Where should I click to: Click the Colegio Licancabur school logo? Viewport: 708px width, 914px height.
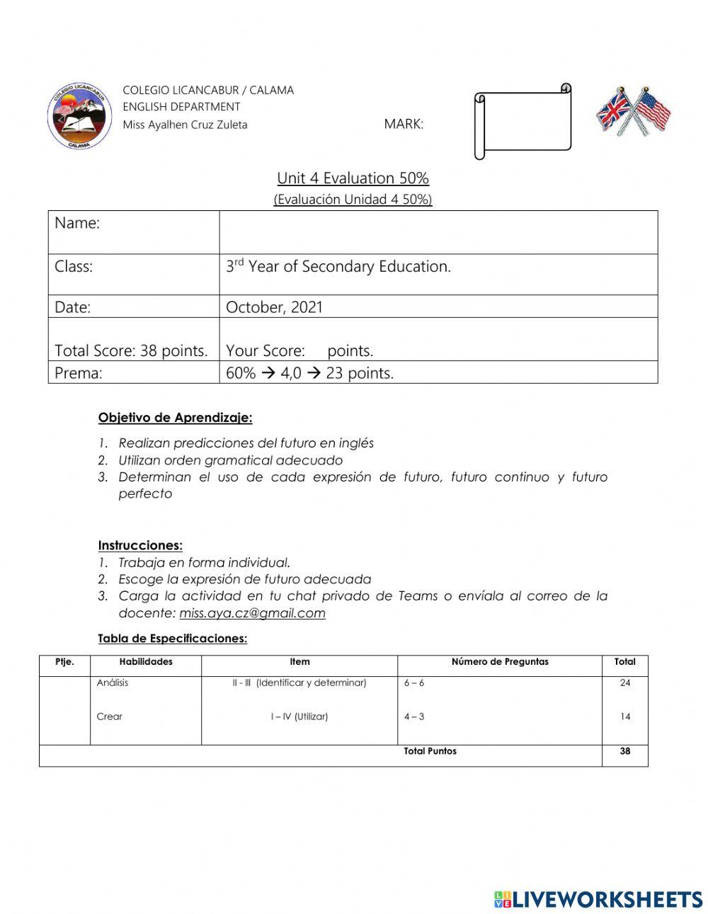(x=79, y=116)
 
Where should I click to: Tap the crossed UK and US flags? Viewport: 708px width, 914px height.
(x=633, y=111)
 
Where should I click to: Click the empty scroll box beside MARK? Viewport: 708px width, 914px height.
(x=525, y=121)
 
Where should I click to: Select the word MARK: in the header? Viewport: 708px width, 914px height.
(x=404, y=125)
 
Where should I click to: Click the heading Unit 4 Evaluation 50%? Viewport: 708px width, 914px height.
(x=353, y=178)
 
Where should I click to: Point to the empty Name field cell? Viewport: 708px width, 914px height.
(x=438, y=232)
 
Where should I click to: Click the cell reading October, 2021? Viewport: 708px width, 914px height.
(x=274, y=307)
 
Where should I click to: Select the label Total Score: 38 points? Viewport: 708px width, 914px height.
(x=131, y=350)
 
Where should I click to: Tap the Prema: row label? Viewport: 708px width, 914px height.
(x=79, y=373)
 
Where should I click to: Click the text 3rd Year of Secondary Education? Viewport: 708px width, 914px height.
(x=338, y=267)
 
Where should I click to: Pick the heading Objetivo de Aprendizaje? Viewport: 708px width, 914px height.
(x=175, y=418)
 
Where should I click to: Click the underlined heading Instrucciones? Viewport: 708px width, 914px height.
(x=140, y=545)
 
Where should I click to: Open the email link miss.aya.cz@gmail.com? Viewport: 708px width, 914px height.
(x=252, y=613)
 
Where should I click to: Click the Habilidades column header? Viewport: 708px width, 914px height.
(x=146, y=662)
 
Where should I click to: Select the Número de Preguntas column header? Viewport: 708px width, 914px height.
(x=500, y=662)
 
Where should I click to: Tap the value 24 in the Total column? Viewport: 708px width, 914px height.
(x=624, y=683)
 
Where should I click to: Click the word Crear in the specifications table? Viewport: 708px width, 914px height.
(x=110, y=716)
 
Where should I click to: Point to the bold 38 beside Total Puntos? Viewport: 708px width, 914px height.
(x=624, y=751)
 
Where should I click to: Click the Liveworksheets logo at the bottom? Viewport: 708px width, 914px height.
(x=598, y=899)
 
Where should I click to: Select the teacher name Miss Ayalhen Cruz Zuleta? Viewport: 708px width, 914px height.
(x=185, y=125)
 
